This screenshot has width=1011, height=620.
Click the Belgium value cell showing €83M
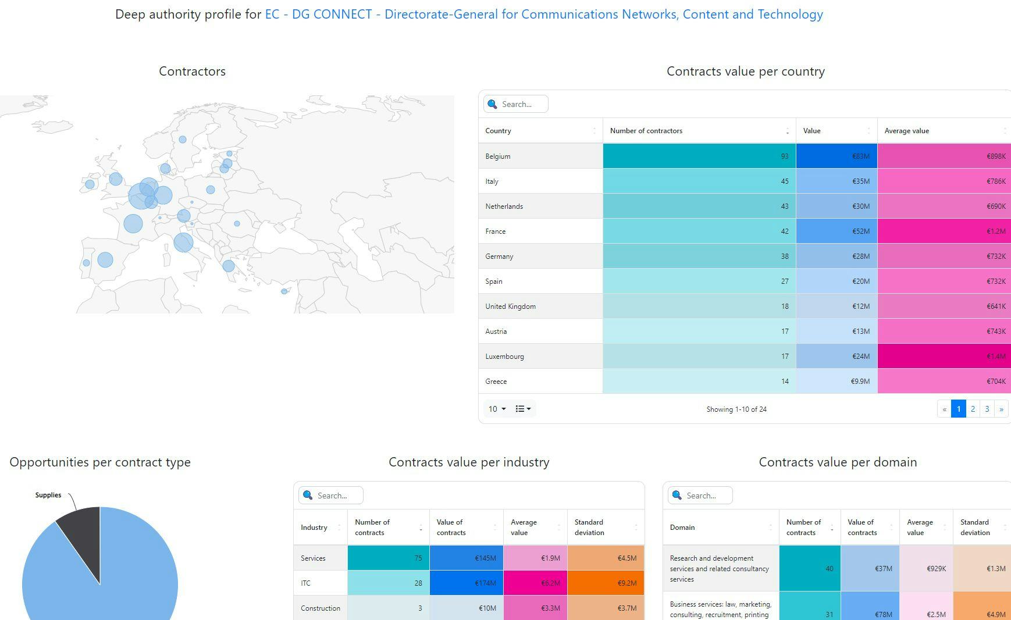point(836,156)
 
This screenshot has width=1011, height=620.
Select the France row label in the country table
point(496,231)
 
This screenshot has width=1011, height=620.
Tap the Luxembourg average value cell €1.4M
point(944,356)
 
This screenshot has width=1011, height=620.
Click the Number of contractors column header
point(646,131)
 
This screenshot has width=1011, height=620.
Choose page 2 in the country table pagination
point(973,409)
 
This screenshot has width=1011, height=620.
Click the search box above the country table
point(516,104)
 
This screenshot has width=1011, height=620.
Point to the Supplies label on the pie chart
point(48,495)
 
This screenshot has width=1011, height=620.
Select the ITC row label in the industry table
point(306,583)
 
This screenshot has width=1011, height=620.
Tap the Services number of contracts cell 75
point(388,558)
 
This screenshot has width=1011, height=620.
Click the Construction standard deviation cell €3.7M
point(606,608)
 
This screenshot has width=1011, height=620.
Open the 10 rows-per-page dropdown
point(497,409)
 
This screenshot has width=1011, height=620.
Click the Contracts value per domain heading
point(838,462)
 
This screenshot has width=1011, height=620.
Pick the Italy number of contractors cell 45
point(699,181)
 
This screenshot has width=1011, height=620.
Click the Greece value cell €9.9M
point(836,381)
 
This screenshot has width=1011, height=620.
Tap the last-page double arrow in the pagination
point(1001,409)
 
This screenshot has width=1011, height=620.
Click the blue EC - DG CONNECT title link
point(544,14)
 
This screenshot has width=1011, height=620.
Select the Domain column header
point(682,528)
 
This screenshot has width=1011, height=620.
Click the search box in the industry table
point(332,496)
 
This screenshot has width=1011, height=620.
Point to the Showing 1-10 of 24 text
point(736,409)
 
